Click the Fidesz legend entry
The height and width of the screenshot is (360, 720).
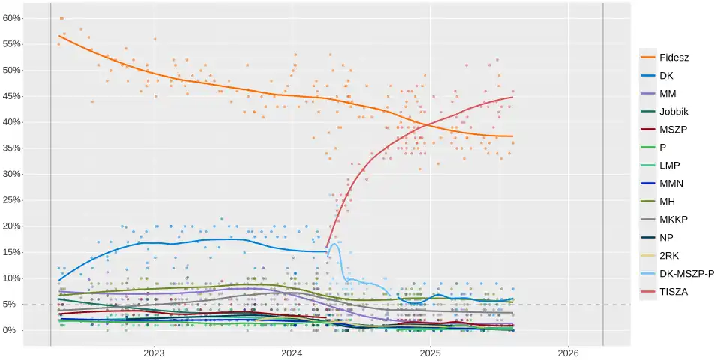click(x=674, y=58)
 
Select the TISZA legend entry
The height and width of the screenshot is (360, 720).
click(x=674, y=291)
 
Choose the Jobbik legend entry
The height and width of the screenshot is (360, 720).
click(x=674, y=112)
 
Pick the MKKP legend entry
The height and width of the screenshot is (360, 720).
click(x=674, y=219)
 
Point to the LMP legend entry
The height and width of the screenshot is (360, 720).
click(x=670, y=165)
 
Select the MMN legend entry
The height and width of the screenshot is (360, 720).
click(x=671, y=183)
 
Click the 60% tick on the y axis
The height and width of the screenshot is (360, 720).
click(x=12, y=18)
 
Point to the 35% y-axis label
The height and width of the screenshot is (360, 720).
click(x=12, y=148)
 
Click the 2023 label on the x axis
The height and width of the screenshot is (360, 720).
click(x=154, y=352)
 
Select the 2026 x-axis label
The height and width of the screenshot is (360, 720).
click(x=568, y=352)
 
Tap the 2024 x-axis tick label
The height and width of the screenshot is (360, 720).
click(x=292, y=352)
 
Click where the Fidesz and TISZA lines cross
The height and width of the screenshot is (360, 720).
click(x=424, y=124)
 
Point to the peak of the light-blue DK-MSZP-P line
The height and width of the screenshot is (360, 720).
click(x=335, y=242)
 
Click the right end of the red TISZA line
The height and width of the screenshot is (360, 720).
click(x=513, y=97)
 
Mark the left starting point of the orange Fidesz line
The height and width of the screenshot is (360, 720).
click(x=58, y=36)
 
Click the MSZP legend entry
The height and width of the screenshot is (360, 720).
click(x=673, y=130)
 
